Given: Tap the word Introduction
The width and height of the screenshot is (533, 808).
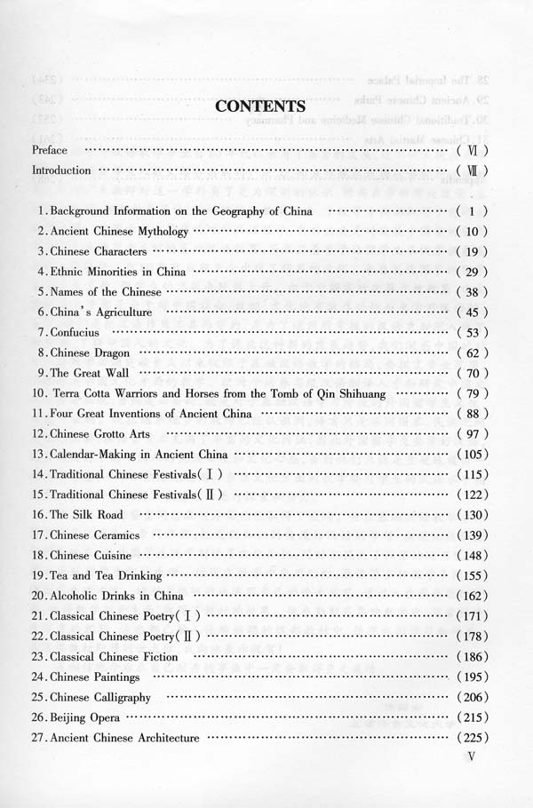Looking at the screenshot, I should coord(61,170).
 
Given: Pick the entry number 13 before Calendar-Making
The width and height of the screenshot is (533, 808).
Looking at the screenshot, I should coord(38,454).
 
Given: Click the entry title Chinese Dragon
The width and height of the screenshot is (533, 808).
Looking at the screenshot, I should coord(90,353).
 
